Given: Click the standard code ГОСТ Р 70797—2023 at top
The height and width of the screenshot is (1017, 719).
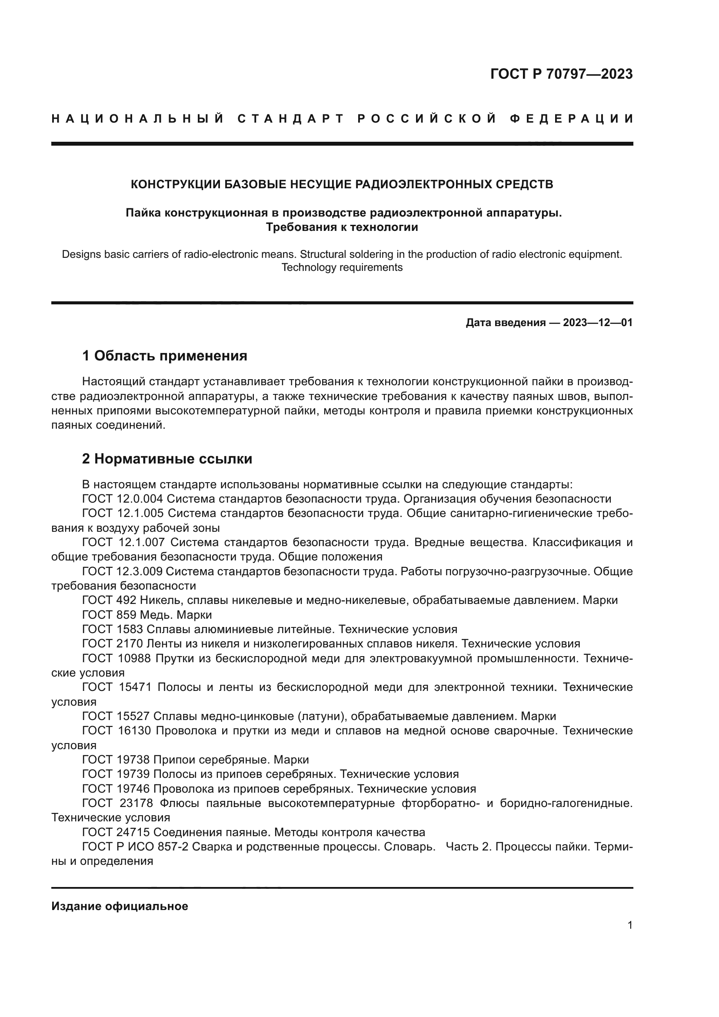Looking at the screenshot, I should click(x=561, y=74).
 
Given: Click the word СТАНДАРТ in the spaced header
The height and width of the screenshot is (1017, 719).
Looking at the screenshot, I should click(x=291, y=119).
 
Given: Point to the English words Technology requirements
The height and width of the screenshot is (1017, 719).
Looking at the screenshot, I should click(x=342, y=267).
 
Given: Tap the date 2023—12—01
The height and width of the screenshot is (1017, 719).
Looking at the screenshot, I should click(x=598, y=323).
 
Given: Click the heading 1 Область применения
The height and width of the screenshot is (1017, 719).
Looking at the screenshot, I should click(x=165, y=356).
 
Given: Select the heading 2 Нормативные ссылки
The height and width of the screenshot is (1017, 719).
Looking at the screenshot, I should click(x=167, y=459).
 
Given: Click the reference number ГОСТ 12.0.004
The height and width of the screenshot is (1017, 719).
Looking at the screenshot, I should click(x=123, y=499).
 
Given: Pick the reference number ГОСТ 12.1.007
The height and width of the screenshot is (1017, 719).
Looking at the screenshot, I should click(x=123, y=542).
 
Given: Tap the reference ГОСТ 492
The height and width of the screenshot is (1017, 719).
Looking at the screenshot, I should click(x=110, y=600).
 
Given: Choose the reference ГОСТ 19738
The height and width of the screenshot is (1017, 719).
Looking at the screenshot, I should click(x=116, y=760).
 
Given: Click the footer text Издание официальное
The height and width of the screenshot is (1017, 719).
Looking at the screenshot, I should click(x=120, y=906).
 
